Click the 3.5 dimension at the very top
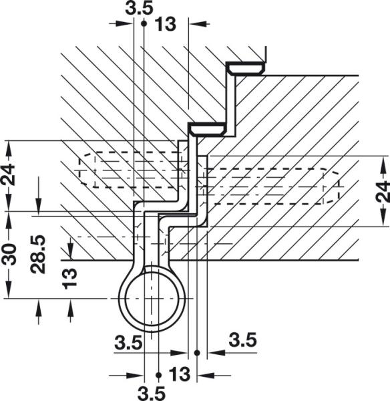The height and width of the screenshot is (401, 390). click(138, 7)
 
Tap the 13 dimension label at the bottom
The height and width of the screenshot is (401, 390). click(178, 372)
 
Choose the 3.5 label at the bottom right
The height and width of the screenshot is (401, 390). click(242, 340)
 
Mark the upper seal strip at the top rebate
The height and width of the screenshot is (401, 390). click(246, 68)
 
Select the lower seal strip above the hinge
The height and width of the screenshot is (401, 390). click(207, 128)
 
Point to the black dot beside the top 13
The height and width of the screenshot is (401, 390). click(144, 22)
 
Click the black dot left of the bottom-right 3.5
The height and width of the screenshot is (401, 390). click(198, 352)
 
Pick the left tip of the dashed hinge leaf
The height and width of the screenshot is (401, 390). click(79, 168)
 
